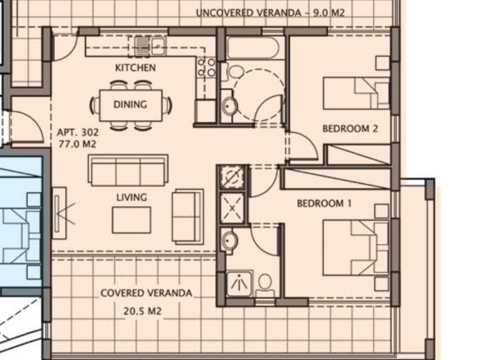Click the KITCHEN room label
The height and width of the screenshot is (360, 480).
point(136,67)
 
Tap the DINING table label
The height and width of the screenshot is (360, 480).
point(130,104)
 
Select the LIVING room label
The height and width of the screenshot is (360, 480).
point(132,197)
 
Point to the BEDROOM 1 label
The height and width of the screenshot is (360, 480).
point(324,203)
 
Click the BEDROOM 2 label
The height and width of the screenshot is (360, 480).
point(350,128)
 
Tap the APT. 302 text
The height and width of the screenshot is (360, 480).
point(78,132)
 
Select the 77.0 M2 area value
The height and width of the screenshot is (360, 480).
point(77,144)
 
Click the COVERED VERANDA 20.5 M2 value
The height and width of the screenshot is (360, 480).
point(142,312)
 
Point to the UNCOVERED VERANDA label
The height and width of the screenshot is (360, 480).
point(248,13)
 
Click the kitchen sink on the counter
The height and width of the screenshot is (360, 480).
point(150,46)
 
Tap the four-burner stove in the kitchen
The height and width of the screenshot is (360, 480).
point(206,67)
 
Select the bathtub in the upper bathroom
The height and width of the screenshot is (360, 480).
point(253,47)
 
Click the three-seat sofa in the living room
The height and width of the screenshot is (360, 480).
point(128,170)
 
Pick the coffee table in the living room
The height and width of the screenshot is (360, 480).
point(132,220)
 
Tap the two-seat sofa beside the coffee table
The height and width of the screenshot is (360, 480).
point(187,216)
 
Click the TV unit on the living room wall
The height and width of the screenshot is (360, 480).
point(59,213)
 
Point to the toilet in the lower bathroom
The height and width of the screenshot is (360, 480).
point(265,285)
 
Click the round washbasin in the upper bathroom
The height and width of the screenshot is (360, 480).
point(228,105)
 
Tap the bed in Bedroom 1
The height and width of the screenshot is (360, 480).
point(356,248)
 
